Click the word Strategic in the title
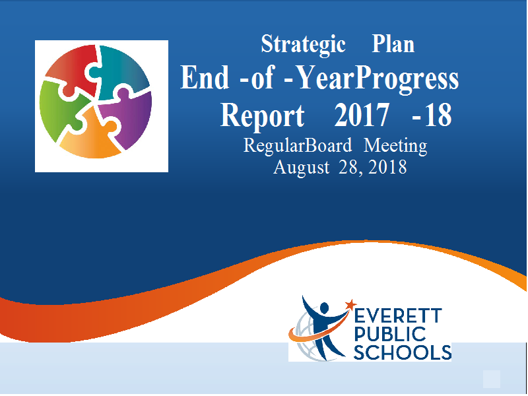click(303, 45)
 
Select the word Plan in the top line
click(393, 44)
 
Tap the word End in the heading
click(205, 77)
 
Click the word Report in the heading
click(262, 115)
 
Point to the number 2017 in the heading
click(362, 115)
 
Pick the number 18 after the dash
click(438, 115)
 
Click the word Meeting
click(395, 146)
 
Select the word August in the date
click(302, 168)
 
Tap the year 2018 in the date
click(387, 167)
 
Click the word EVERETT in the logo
click(398, 316)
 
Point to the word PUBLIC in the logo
click(390, 334)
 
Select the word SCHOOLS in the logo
click(403, 352)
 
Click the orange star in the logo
click(350, 305)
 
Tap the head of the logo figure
click(324, 308)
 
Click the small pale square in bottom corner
click(492, 379)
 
